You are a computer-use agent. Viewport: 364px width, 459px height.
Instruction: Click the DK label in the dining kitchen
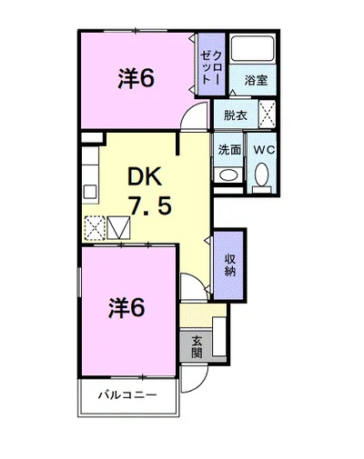click(x=145, y=177)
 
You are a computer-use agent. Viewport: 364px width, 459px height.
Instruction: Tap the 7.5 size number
click(x=151, y=205)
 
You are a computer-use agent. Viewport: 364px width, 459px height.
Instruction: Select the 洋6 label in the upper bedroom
click(x=136, y=78)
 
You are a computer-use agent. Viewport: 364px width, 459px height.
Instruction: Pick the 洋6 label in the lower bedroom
click(x=126, y=308)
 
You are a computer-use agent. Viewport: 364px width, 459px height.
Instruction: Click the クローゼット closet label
click(x=212, y=67)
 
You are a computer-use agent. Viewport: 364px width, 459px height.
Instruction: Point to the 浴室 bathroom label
click(x=256, y=80)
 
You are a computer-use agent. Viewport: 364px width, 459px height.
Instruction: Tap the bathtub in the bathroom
click(x=253, y=48)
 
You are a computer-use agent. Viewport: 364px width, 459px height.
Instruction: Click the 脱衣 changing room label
click(x=236, y=115)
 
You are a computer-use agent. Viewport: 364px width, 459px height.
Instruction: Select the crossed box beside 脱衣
click(x=268, y=114)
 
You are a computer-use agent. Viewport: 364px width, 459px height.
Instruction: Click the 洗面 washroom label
click(x=229, y=150)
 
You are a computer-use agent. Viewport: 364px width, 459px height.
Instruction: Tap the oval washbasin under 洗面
click(x=228, y=175)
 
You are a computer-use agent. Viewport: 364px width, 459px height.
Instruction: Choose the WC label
click(x=264, y=149)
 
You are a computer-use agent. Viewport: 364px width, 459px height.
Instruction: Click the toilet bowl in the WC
click(x=262, y=175)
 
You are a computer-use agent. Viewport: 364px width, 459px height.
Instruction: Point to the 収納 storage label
click(x=230, y=264)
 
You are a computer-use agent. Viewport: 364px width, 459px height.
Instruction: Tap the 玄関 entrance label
click(x=197, y=347)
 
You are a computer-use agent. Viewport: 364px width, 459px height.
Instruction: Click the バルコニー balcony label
click(x=127, y=395)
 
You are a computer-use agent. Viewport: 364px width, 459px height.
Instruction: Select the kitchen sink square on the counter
click(x=90, y=192)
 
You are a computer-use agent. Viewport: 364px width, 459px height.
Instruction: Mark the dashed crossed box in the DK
click(x=95, y=228)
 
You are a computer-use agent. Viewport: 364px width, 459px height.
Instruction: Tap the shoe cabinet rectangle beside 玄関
click(x=218, y=336)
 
